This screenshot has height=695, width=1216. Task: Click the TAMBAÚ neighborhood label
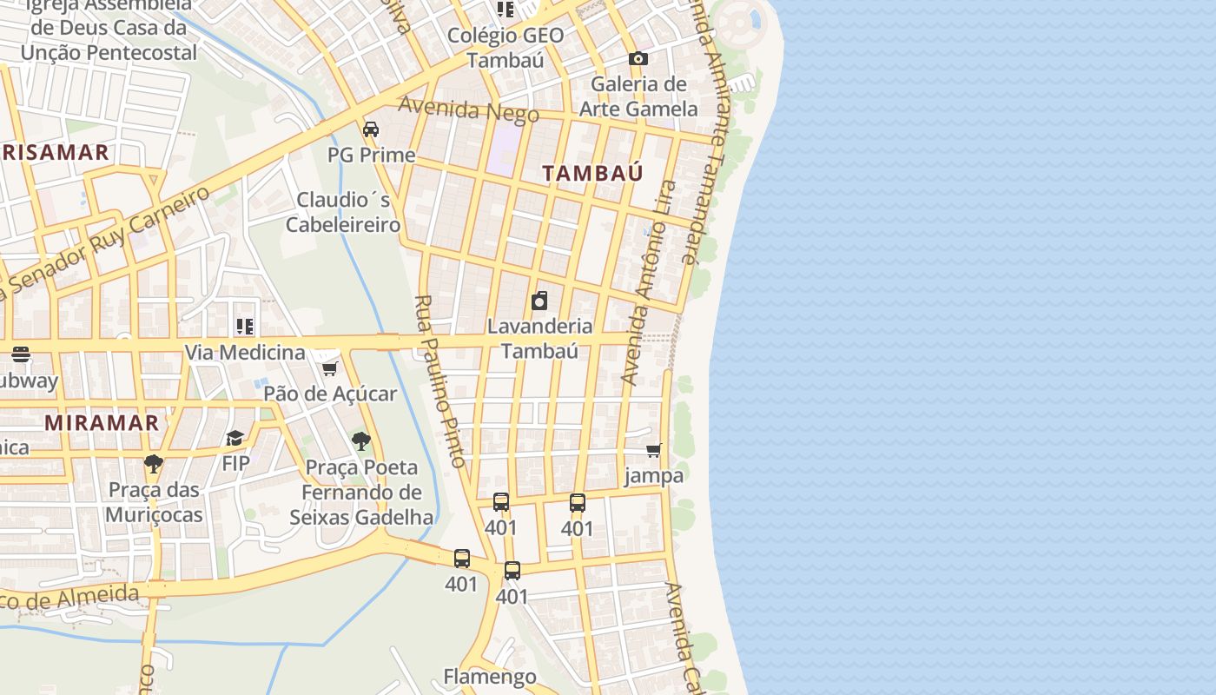tap(593, 173)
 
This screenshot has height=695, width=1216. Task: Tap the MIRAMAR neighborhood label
tap(102, 423)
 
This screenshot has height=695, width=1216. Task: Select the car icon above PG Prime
tap(371, 129)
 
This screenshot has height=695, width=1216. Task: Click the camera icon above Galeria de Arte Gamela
tap(638, 59)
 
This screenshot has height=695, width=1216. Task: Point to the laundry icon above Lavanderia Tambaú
tap(539, 301)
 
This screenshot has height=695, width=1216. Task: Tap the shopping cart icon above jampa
tap(653, 451)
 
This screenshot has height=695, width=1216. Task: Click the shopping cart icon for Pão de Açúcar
tap(330, 369)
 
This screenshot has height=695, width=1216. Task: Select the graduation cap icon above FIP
tap(235, 438)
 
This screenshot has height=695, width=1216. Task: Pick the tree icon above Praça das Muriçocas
tap(154, 464)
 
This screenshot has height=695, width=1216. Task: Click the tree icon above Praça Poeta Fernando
tap(361, 441)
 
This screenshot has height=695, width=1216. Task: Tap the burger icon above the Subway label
tap(21, 354)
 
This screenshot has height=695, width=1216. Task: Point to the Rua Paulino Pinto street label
tap(442, 381)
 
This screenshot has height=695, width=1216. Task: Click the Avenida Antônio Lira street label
tap(650, 282)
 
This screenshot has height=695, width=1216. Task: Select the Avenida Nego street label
tap(468, 110)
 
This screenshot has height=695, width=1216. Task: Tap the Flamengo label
tap(490, 676)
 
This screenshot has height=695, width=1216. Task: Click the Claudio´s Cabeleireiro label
tap(343, 212)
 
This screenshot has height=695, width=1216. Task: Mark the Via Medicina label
tap(245, 353)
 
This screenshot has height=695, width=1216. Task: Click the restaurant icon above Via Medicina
tap(245, 327)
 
